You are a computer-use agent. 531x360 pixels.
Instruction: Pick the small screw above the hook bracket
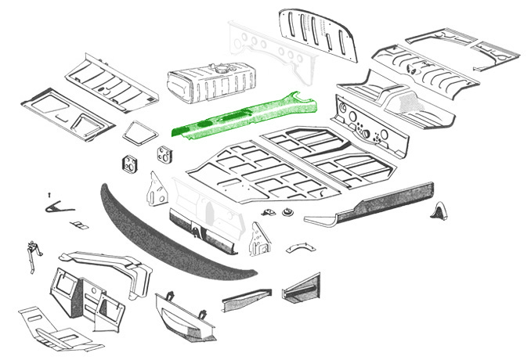(x=49, y=193)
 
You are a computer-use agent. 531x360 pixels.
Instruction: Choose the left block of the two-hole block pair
(x=129, y=166)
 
